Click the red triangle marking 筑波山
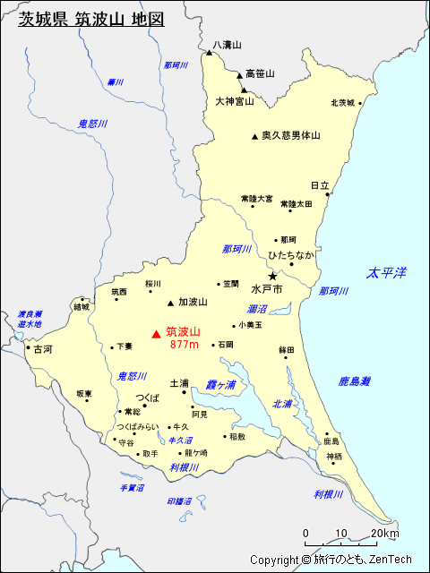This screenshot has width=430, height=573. [x=156, y=334]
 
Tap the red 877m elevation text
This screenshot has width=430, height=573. [x=184, y=345]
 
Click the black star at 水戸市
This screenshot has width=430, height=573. [x=272, y=277]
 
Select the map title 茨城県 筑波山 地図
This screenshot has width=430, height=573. [x=91, y=19]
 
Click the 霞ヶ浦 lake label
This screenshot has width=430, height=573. [x=220, y=384]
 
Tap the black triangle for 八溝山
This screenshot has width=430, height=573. [x=209, y=53]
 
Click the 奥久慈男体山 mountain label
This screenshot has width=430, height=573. [x=291, y=136]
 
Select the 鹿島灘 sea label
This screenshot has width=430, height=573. [x=355, y=381]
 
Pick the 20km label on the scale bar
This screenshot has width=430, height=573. [x=385, y=535]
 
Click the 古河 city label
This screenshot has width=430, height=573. [x=42, y=349]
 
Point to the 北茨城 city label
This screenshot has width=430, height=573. [x=342, y=102]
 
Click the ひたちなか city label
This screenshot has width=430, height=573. [x=291, y=255]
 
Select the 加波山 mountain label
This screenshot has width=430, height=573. [x=193, y=302]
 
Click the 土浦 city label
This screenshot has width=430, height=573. [x=179, y=382]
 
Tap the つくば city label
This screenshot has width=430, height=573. [x=148, y=397]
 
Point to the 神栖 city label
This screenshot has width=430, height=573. [x=334, y=457]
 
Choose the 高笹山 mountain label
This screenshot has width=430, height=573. [x=260, y=73]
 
